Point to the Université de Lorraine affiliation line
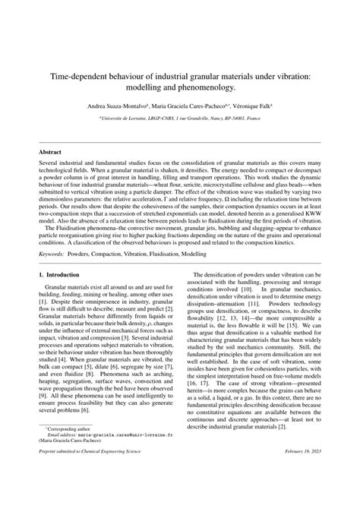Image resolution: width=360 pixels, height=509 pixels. [179, 119]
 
